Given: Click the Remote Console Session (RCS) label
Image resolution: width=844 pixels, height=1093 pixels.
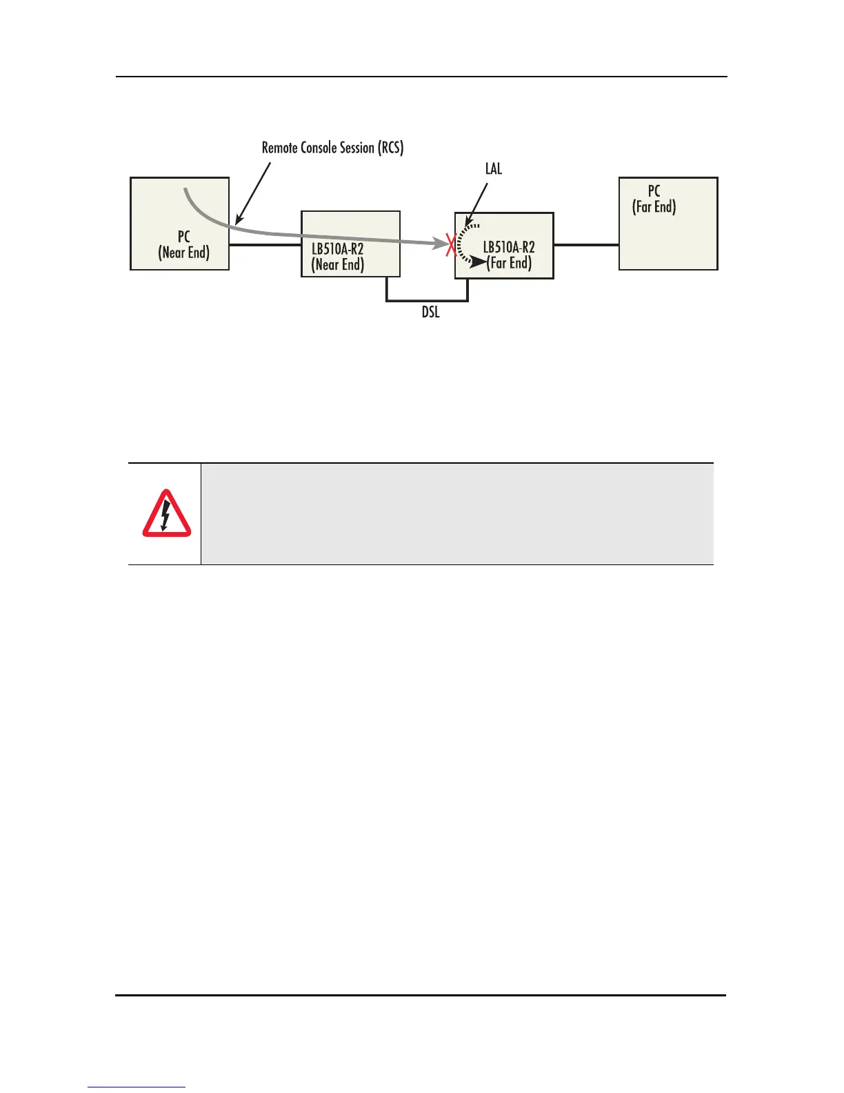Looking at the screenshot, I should (332, 148).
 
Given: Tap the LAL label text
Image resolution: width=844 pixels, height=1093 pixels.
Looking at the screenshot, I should (494, 168).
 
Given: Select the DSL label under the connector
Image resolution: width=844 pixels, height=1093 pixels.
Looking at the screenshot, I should (430, 313).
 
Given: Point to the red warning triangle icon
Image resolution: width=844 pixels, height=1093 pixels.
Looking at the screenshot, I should (167, 515).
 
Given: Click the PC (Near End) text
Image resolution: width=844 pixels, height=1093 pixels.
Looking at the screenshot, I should (183, 245).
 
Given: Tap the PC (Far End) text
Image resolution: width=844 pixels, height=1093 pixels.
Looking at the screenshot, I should (654, 199).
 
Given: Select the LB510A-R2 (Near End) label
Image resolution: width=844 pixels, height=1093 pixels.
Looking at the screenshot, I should (337, 256).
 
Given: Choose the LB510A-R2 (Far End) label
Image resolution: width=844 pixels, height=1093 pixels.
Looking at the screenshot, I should (509, 255).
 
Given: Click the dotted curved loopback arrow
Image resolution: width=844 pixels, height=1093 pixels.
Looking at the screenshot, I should (460, 242).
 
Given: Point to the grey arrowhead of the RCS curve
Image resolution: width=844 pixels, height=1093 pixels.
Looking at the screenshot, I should (439, 243).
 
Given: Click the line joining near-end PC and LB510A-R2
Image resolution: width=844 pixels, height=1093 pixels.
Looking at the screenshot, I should (265, 244).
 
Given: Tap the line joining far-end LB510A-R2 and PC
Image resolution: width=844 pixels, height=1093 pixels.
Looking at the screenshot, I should (586, 244).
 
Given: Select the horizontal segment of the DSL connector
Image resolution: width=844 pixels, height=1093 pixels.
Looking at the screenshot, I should (428, 301).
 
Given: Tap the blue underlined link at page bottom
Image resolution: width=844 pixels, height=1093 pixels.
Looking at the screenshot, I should (137, 1087).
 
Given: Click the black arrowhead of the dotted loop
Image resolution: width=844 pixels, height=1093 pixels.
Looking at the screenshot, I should (477, 262).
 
